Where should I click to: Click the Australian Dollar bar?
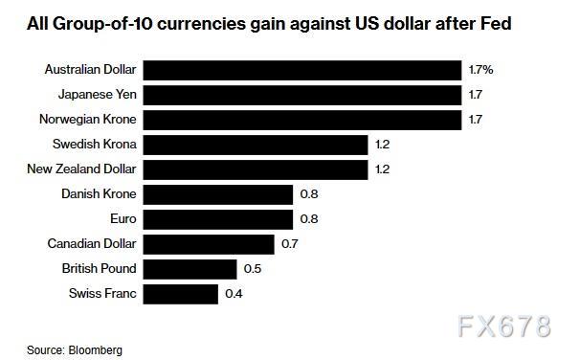[x=302, y=70]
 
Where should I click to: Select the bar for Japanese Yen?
[x=302, y=95]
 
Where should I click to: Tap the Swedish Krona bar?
[x=256, y=145]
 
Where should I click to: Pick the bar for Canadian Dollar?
[x=209, y=244]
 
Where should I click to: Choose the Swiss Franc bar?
[x=181, y=294]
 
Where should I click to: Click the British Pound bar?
[x=190, y=269]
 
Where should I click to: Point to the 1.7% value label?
[x=480, y=70]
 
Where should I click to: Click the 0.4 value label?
[x=234, y=294]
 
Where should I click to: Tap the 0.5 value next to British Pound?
[x=253, y=269]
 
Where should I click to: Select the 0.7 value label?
[x=290, y=244]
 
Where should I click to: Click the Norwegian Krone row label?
[x=88, y=120]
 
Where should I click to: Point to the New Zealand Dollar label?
[x=81, y=169]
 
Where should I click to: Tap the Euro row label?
[x=123, y=218]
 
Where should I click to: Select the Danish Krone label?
[x=99, y=193]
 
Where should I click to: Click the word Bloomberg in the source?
[x=95, y=350]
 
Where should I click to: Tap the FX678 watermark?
[x=504, y=326]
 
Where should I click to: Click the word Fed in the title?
[x=496, y=24]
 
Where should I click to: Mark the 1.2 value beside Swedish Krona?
[x=383, y=145]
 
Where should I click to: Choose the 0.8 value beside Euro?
[x=309, y=219]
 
